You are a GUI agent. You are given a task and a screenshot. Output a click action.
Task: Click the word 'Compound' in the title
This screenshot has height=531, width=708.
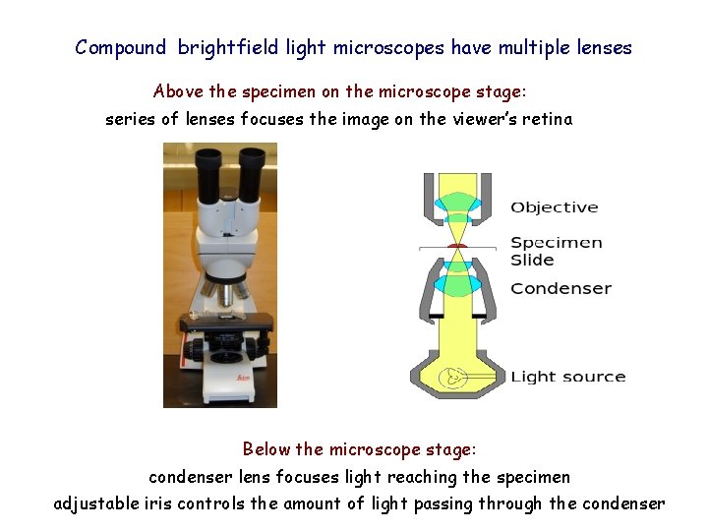tap(121, 47)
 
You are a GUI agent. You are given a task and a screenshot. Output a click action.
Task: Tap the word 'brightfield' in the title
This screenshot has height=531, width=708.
tap(229, 47)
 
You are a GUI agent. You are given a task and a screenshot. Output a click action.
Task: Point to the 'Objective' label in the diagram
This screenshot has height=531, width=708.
tap(554, 207)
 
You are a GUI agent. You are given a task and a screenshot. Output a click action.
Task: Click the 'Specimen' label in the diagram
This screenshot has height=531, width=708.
tap(556, 243)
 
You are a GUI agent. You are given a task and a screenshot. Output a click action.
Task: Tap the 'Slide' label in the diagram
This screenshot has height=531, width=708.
tap(532, 261)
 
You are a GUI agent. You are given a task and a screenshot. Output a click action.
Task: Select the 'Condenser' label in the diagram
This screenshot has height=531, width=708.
tap(560, 289)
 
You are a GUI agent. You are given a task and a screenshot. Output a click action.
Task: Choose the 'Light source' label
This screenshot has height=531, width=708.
tap(567, 377)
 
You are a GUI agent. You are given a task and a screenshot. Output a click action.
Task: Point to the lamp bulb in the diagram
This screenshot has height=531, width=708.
tap(454, 376)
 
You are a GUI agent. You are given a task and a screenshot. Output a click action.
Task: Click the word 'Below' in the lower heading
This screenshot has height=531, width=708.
tap(266, 449)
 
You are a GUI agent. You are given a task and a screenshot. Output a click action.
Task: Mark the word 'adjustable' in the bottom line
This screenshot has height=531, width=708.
tap(96, 503)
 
